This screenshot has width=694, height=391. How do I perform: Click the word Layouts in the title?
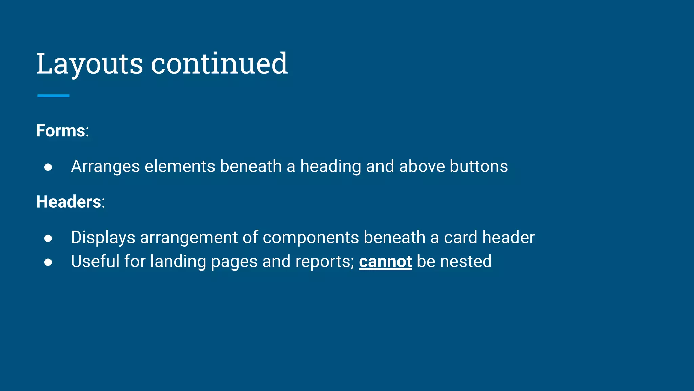click(x=89, y=64)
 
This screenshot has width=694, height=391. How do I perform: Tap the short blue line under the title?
click(x=53, y=96)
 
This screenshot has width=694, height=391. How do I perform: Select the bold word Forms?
click(x=61, y=131)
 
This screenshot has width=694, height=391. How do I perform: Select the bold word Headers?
click(x=68, y=202)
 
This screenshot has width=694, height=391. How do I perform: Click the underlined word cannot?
click(x=385, y=262)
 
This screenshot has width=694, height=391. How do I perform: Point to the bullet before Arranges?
click(x=48, y=167)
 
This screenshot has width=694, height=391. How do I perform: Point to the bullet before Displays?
click(x=48, y=238)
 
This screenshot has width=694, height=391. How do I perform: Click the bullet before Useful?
click(x=48, y=262)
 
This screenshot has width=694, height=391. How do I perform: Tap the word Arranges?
click(x=105, y=167)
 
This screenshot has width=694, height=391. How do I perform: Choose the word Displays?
click(x=103, y=238)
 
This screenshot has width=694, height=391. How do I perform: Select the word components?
click(x=310, y=237)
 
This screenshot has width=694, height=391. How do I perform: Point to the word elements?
click(x=180, y=166)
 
